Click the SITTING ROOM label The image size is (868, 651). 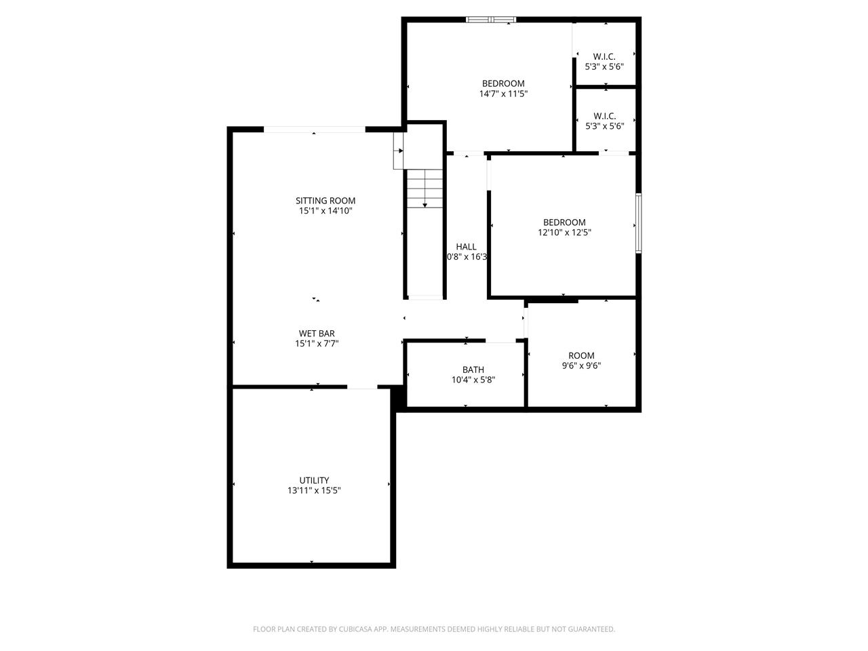(325, 201)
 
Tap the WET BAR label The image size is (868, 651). (317, 334)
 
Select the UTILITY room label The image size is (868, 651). (314, 481)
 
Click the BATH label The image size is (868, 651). (473, 370)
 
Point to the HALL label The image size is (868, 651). (466, 247)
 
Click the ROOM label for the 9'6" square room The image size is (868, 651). (581, 356)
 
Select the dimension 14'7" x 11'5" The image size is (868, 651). (503, 94)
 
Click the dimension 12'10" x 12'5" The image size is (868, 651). (564, 233)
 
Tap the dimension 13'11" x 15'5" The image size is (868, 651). (314, 491)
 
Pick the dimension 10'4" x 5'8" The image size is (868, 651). (473, 380)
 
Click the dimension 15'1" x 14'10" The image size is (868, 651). (325, 211)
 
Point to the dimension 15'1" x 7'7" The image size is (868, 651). (317, 344)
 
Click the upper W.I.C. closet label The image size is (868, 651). (604, 57)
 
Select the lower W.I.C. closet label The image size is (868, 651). (604, 116)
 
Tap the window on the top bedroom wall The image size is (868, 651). (491, 20)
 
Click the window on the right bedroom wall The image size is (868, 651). (638, 223)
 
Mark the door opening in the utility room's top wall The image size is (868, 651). (362, 387)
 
